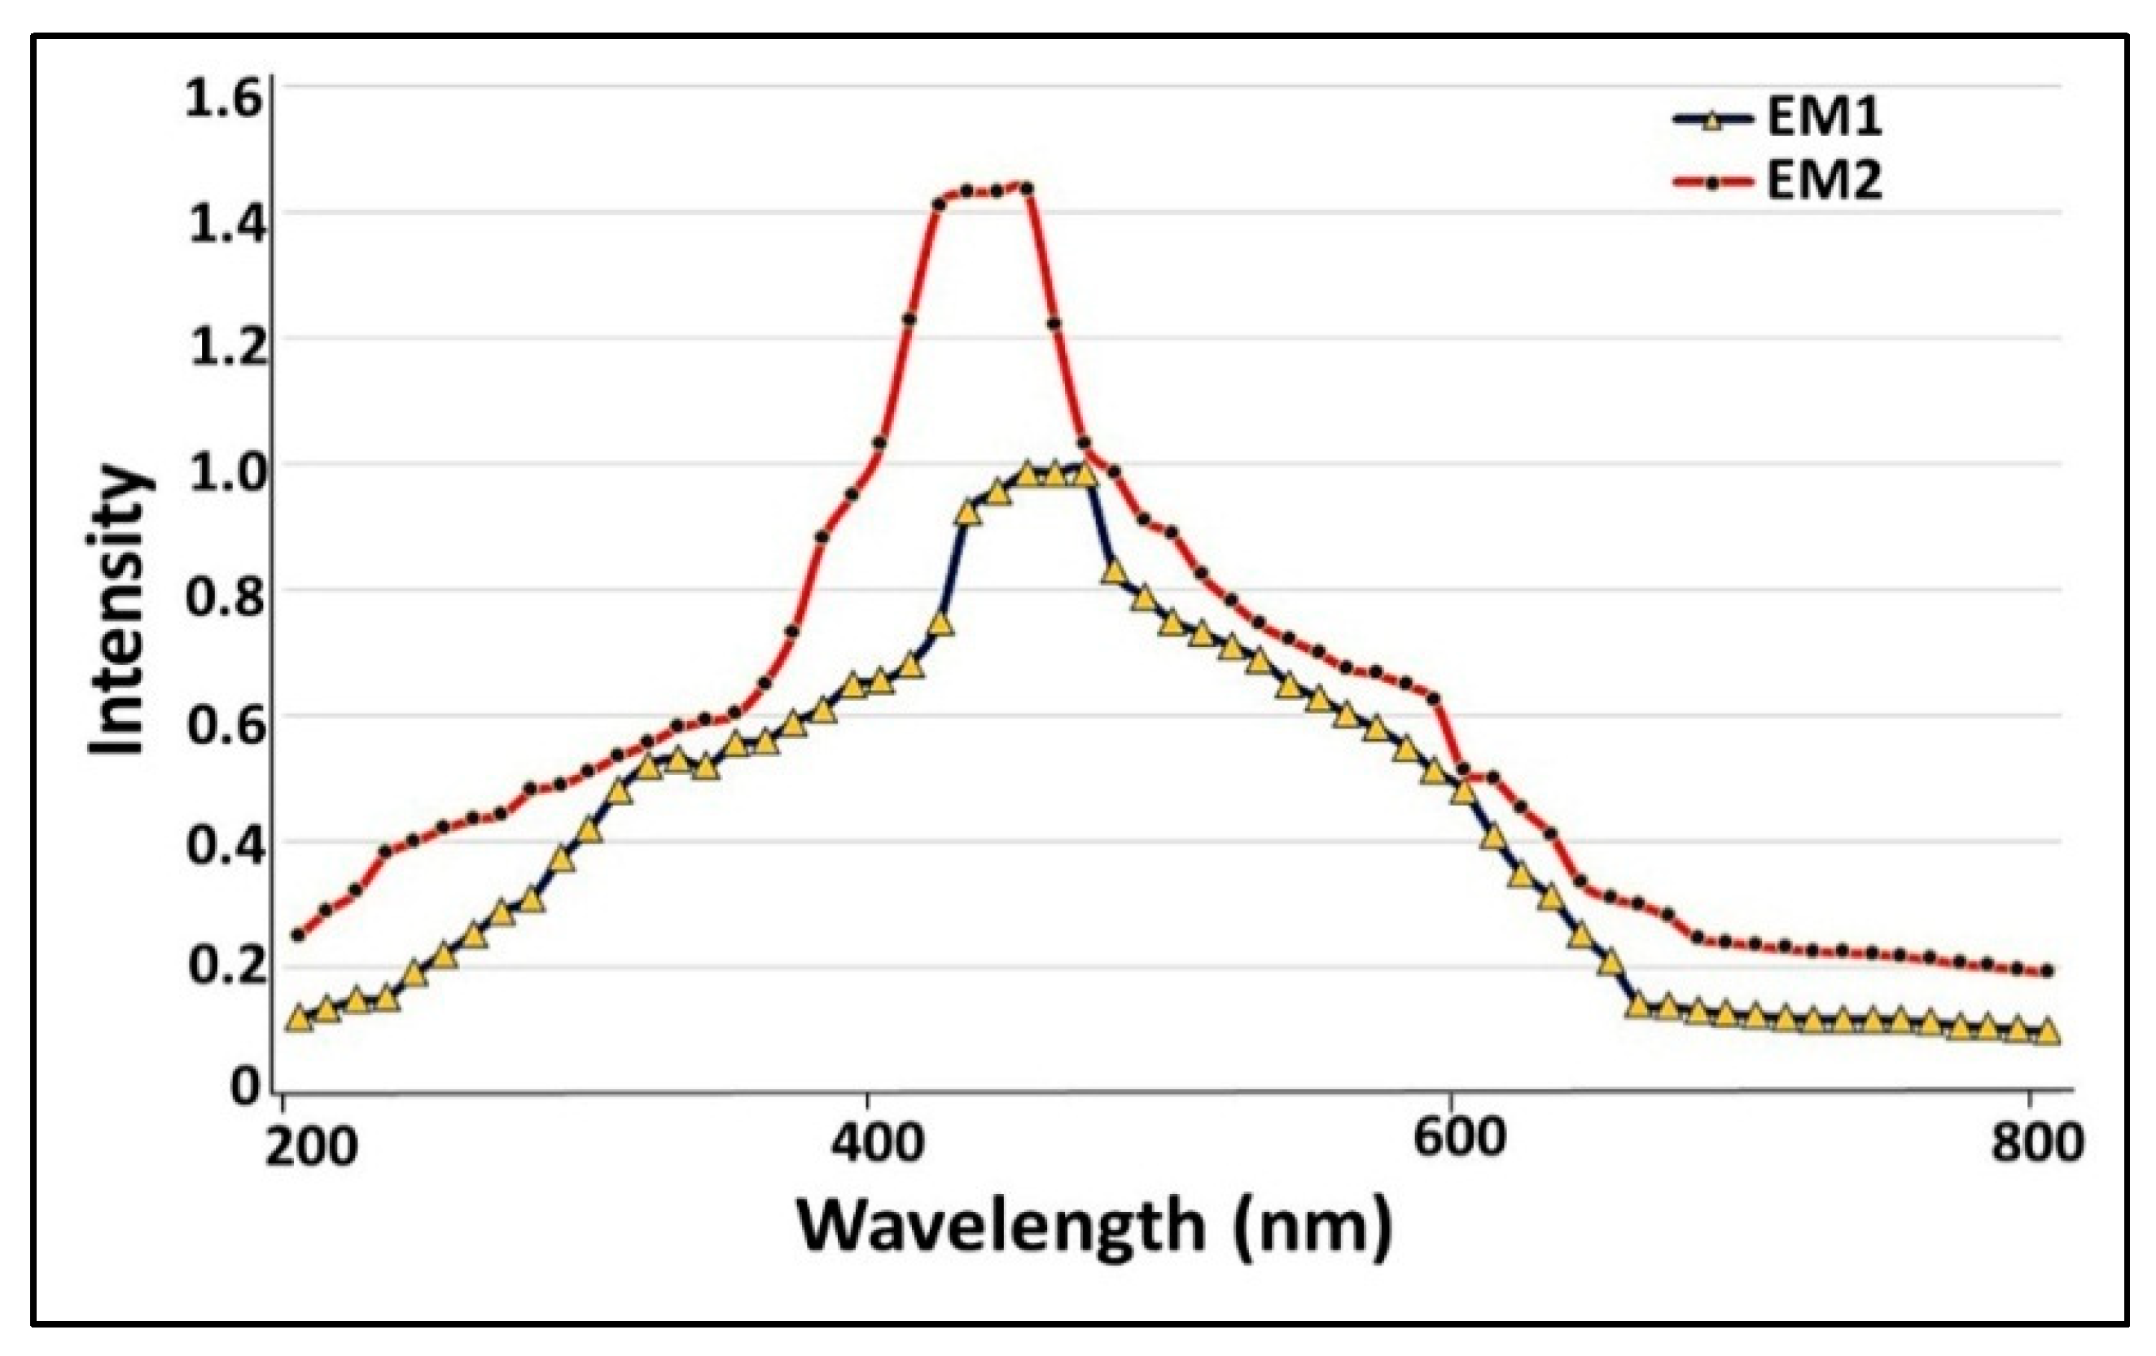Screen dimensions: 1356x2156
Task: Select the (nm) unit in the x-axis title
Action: [x=1312, y=1227]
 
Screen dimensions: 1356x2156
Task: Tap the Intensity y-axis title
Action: [x=118, y=610]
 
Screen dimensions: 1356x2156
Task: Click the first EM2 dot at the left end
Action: [x=299, y=935]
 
